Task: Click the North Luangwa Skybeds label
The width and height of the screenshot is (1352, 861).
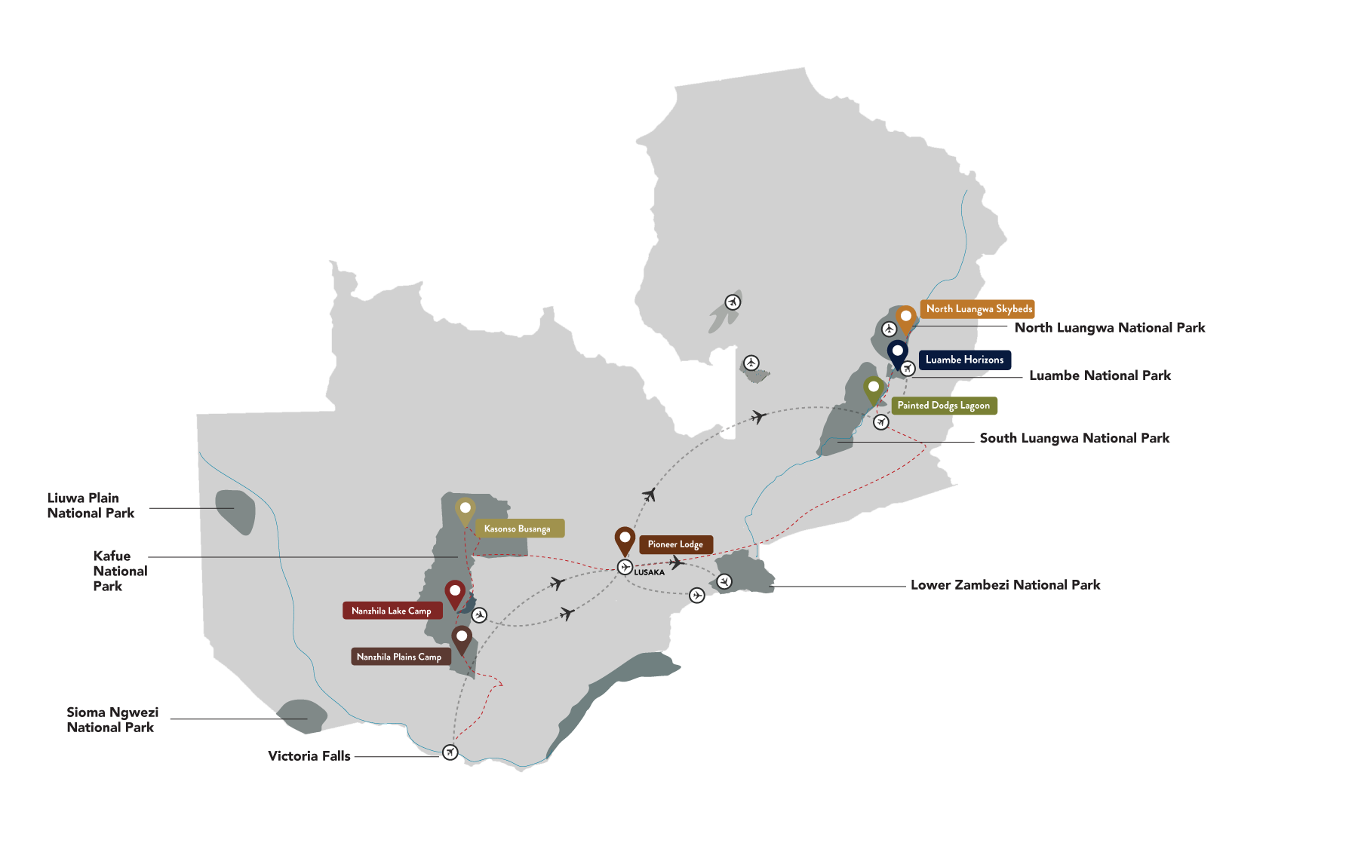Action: tap(979, 309)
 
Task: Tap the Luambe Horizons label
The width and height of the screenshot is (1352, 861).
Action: tap(964, 360)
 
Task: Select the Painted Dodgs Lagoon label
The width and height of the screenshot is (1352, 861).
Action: tap(944, 406)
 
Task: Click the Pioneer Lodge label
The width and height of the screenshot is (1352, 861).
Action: tap(675, 544)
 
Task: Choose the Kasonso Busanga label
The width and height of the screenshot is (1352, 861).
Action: tap(518, 529)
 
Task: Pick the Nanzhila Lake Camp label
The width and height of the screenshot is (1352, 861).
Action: tap(392, 611)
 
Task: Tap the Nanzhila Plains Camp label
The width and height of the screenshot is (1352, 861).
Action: tap(399, 657)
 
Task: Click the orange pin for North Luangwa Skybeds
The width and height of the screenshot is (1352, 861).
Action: tap(906, 317)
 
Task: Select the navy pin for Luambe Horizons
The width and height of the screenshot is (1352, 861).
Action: tap(897, 352)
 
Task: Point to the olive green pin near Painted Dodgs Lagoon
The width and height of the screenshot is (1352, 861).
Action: tap(874, 388)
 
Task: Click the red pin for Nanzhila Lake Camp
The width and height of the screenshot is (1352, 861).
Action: tap(455, 593)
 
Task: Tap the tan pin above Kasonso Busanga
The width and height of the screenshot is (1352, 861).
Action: tap(466, 510)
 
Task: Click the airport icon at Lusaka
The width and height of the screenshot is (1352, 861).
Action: tap(625, 567)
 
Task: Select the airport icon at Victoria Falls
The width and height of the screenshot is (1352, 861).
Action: tap(450, 752)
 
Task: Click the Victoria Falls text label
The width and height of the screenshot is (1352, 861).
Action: tap(309, 756)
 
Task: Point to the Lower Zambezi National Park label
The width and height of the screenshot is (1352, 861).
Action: tap(1005, 585)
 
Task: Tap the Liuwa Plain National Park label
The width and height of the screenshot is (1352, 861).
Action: tap(91, 506)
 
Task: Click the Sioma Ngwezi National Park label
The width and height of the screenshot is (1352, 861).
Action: tap(112, 720)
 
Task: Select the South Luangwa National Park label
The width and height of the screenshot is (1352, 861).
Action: tap(1074, 438)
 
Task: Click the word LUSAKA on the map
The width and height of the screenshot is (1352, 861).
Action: tap(650, 572)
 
